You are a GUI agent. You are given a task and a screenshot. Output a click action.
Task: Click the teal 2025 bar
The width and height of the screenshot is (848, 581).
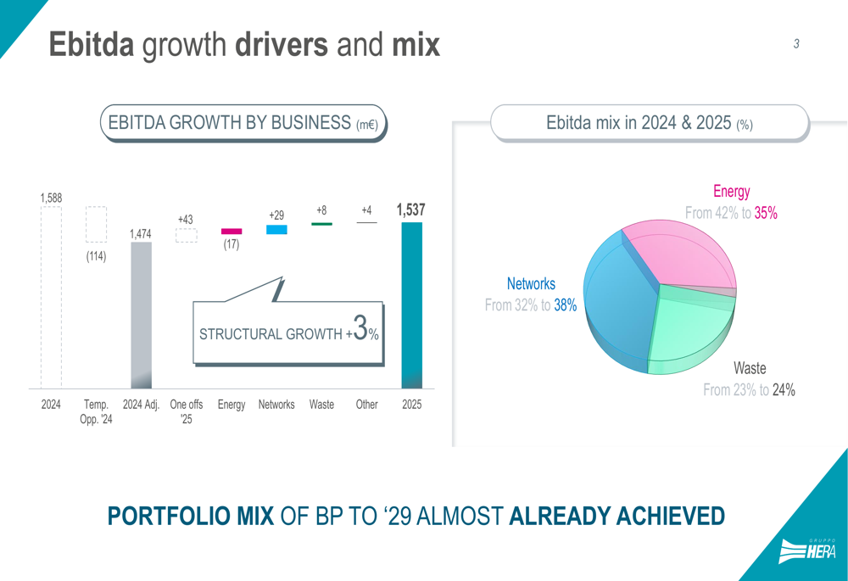(x=411, y=305)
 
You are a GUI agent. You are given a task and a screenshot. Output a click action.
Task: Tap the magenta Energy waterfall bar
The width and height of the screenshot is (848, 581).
(x=232, y=231)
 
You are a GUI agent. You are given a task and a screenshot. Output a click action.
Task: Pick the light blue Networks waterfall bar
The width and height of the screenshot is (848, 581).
(x=276, y=230)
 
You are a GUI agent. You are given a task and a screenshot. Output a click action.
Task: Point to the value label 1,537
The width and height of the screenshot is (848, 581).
(x=410, y=209)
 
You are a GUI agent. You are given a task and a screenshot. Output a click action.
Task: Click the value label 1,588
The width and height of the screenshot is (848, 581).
(x=51, y=198)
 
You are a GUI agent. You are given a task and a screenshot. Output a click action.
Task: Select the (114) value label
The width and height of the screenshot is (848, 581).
(x=96, y=256)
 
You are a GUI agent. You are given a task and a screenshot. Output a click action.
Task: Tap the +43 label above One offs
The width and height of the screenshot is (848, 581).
(x=185, y=220)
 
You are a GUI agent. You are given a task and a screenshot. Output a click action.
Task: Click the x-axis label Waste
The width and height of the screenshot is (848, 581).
(x=321, y=405)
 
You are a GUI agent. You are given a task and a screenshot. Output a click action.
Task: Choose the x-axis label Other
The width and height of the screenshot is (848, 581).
(x=366, y=405)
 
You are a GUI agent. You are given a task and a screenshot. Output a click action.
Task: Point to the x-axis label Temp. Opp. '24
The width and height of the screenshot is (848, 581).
(x=96, y=411)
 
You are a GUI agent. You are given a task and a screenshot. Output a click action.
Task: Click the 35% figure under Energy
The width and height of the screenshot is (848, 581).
(x=766, y=214)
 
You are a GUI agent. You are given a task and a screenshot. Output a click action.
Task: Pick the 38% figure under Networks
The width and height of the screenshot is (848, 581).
(x=566, y=305)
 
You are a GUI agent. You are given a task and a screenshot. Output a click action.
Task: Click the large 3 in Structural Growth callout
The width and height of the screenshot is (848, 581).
(x=361, y=328)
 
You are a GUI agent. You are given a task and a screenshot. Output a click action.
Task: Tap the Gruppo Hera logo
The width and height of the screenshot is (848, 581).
(x=807, y=551)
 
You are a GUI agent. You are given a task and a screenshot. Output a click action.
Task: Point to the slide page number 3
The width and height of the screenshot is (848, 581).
(x=796, y=44)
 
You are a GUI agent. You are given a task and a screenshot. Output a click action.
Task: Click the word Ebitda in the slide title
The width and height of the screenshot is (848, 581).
(x=91, y=44)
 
